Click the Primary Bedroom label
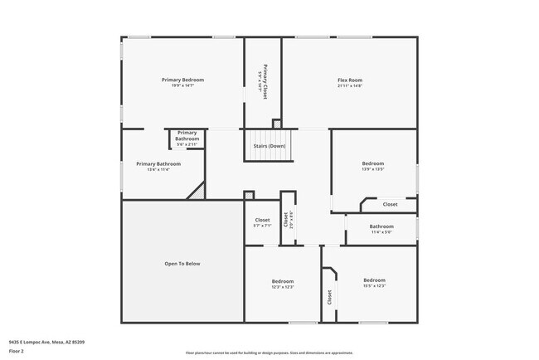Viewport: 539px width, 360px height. [x=182, y=80]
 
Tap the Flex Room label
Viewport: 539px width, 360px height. [x=349, y=80]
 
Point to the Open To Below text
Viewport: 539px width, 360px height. [x=182, y=264]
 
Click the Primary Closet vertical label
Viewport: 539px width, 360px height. [x=265, y=82]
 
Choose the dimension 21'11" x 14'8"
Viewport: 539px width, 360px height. [x=349, y=85]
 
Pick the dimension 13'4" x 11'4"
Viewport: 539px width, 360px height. [x=158, y=170]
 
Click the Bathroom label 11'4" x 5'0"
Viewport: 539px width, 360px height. [x=381, y=226]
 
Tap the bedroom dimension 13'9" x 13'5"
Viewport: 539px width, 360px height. [x=374, y=169]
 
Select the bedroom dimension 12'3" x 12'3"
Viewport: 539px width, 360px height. [x=283, y=287]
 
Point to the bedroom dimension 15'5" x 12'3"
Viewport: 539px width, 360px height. [x=374, y=286]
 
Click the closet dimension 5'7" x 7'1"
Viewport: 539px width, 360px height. [x=262, y=226]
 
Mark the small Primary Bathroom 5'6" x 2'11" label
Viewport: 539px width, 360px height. [x=187, y=139]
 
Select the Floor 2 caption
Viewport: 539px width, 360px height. [x=17, y=351]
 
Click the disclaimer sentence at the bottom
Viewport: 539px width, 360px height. [x=269, y=353]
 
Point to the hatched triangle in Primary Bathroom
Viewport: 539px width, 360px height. [x=197, y=192]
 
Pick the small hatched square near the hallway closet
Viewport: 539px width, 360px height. [x=249, y=196]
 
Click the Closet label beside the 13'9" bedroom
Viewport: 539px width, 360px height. [x=389, y=204]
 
